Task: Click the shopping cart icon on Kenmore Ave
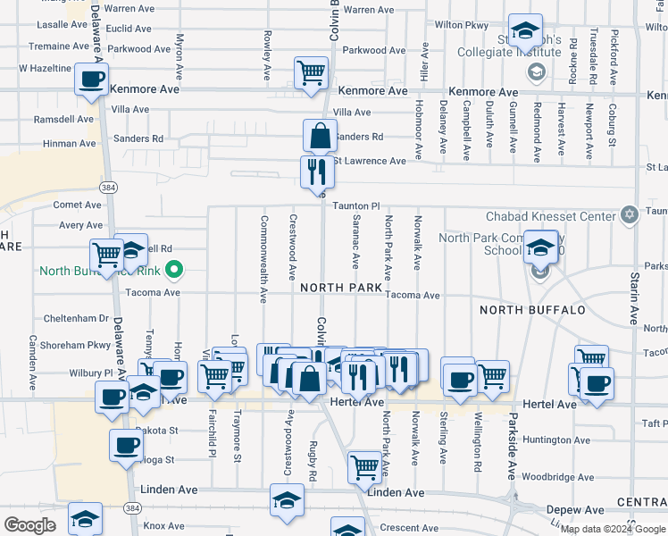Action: [311, 73]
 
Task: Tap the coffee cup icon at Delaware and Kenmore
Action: [91, 79]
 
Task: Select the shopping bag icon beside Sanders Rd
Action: [320, 137]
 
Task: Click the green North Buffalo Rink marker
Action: [176, 268]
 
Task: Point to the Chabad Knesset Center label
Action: [551, 216]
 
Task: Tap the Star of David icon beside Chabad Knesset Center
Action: [630, 214]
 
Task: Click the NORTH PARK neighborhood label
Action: [341, 288]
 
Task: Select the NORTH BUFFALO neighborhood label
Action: [532, 310]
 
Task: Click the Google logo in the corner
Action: [29, 525]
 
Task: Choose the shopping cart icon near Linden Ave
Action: [364, 466]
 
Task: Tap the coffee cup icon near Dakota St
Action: [126, 444]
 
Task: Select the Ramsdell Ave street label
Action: [63, 119]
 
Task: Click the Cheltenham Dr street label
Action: [76, 319]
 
